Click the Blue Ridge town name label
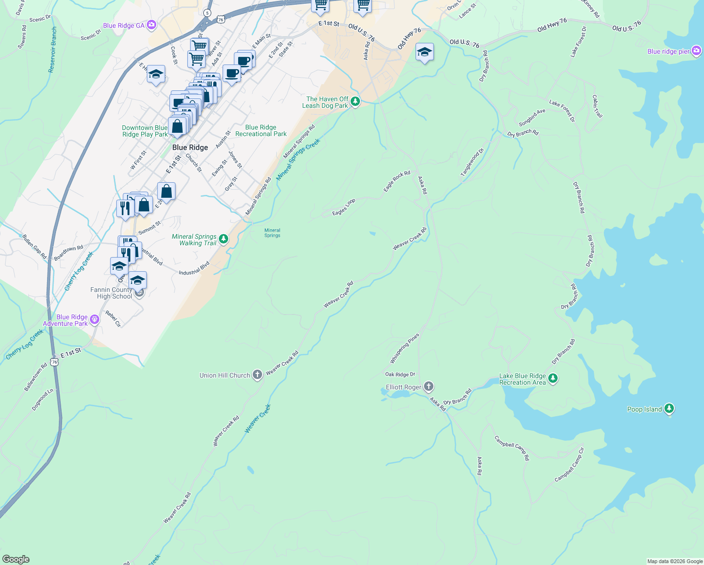190,147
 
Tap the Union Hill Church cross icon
257,375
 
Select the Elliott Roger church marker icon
428,387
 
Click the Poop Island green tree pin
669,409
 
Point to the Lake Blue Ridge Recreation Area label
522,379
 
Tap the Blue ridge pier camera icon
696,51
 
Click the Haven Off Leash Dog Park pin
355,101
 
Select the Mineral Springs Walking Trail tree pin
224,239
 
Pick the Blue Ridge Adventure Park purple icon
95,320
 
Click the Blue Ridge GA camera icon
151,25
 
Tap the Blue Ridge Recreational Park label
261,131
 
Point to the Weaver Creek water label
258,419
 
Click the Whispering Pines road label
404,348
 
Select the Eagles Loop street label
344,207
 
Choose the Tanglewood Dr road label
472,162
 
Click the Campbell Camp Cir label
569,465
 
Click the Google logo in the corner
16,559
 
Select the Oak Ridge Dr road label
400,374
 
